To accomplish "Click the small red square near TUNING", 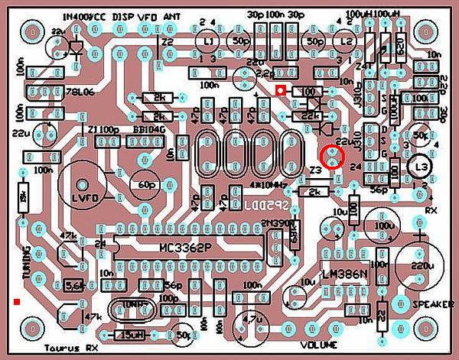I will click(16, 302).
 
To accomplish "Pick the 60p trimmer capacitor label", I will click(143, 184).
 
